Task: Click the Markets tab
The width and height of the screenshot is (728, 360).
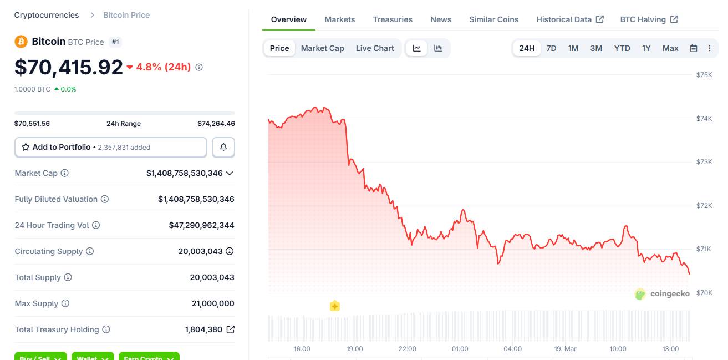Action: (x=339, y=19)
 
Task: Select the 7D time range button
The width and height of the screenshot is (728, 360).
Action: (x=551, y=48)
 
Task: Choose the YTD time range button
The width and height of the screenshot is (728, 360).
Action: (x=622, y=48)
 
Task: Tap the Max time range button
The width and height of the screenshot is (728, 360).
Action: (x=670, y=48)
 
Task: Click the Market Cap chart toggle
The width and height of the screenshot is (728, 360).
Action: (x=322, y=48)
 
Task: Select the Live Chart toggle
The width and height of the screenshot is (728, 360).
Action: (x=375, y=48)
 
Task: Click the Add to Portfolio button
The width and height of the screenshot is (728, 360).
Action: (x=111, y=147)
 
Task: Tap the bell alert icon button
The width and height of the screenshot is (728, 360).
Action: (x=223, y=147)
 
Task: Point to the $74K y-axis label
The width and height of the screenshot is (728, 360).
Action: (x=704, y=118)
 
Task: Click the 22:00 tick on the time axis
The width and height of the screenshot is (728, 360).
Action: (x=407, y=349)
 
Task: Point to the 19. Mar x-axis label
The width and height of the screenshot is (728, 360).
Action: (x=565, y=349)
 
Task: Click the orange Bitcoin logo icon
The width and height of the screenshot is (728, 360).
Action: (x=21, y=42)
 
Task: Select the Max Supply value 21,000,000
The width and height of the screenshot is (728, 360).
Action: (x=213, y=303)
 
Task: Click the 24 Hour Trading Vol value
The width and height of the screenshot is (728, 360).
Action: (x=201, y=225)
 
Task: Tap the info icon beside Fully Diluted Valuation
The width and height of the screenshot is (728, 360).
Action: (x=105, y=199)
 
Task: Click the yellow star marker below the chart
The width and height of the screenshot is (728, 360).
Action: (x=334, y=306)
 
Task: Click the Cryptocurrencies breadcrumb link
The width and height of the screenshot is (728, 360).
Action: (x=47, y=15)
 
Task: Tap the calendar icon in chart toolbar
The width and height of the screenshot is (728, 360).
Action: (x=693, y=48)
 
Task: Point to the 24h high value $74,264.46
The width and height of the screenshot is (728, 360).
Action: (x=216, y=124)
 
